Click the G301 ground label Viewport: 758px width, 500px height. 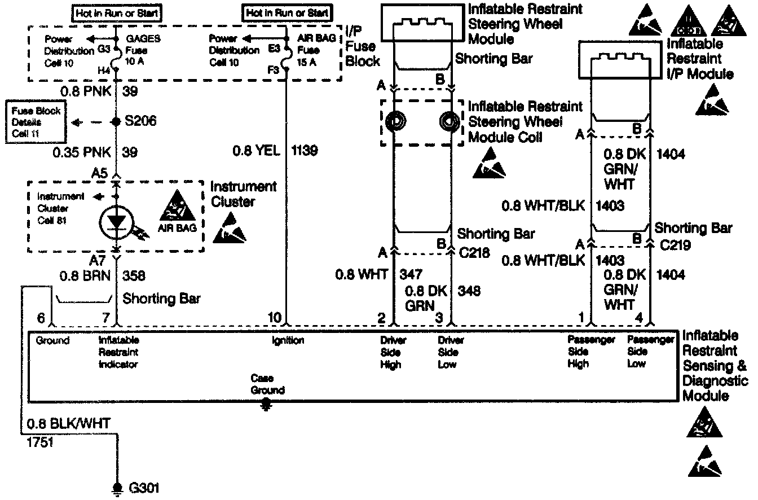coord(140,488)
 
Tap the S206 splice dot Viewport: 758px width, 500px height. coord(116,122)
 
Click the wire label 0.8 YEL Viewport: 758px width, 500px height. coord(256,151)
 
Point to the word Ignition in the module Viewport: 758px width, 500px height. coord(288,340)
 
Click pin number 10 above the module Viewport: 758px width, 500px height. coord(275,318)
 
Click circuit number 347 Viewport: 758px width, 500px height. coord(411,275)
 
